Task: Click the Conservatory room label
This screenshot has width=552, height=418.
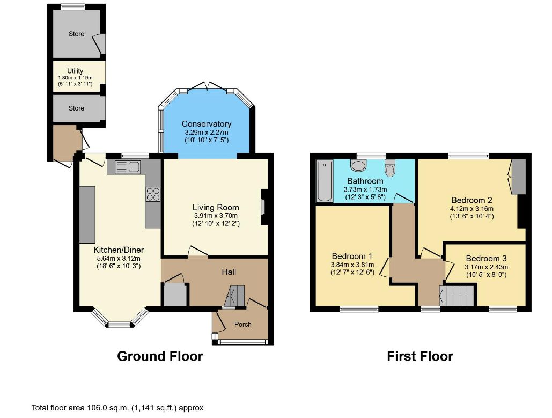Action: (x=207, y=124)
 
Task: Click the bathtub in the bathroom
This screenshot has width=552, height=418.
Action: (x=325, y=181)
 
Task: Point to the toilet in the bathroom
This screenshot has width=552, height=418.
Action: (x=389, y=168)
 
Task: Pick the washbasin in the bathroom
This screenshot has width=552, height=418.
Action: (x=358, y=165)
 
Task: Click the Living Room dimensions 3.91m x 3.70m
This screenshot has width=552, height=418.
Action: (x=216, y=216)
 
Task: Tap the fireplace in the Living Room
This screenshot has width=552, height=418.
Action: (x=264, y=207)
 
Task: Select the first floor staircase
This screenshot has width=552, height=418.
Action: (x=457, y=296)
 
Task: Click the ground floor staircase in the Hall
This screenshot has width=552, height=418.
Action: (x=234, y=296)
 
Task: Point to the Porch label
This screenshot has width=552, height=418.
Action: (x=243, y=324)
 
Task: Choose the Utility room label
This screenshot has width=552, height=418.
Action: (x=75, y=71)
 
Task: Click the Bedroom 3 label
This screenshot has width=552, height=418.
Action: (x=486, y=259)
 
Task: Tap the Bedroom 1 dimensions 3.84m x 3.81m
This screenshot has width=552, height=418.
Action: (x=352, y=265)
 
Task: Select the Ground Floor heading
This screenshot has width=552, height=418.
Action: (x=160, y=356)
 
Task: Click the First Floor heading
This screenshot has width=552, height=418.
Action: (x=420, y=356)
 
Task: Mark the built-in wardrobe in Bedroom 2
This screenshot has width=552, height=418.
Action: (x=519, y=177)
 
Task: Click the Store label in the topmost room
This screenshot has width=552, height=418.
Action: (x=76, y=34)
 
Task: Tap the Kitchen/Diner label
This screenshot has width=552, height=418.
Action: (x=119, y=250)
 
